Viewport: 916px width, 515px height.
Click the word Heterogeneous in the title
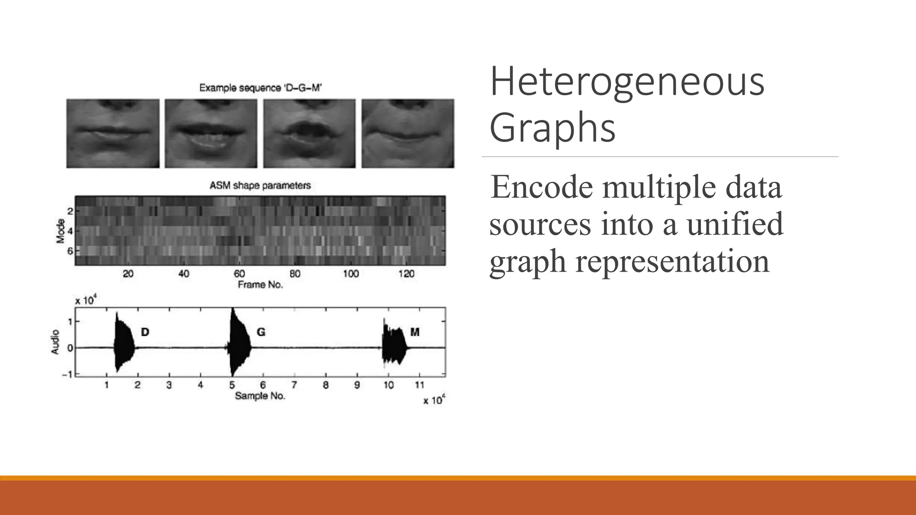627,82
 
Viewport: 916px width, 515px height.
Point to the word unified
735,224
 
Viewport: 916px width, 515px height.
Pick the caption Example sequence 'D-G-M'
260,88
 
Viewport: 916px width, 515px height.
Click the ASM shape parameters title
260,185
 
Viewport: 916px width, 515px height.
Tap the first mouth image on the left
113,134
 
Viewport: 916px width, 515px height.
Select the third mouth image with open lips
310,134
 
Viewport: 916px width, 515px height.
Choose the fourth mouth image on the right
408,134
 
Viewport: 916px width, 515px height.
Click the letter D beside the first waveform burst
145,332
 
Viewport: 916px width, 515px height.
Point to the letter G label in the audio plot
261,332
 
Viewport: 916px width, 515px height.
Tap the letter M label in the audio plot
415,332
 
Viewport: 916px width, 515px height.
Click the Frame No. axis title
260,285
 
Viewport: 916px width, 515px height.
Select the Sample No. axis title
260,396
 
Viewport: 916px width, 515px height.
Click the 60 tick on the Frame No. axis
239,274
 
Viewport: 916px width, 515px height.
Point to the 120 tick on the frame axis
406,274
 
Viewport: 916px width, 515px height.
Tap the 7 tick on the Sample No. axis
294,385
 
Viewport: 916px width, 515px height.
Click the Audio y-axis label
55,342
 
